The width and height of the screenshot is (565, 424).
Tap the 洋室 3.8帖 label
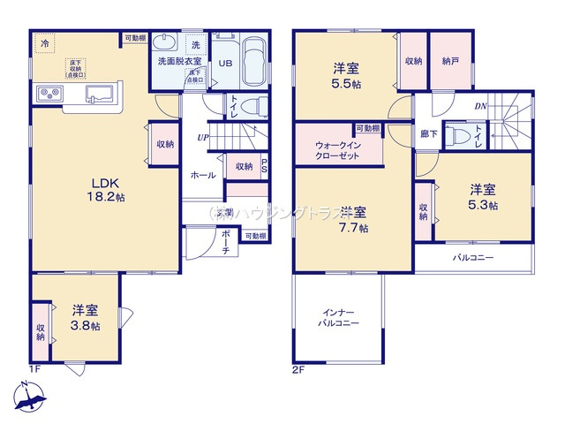pos(86,317)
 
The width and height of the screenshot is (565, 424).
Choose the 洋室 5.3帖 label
pos(482,196)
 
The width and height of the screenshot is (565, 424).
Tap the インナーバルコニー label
pos(339,319)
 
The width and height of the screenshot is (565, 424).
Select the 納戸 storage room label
pos(451,62)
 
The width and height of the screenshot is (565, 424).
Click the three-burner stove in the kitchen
pos(48,95)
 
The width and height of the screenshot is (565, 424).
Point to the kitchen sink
pos(98,95)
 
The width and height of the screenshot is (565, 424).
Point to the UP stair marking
pos(203,138)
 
